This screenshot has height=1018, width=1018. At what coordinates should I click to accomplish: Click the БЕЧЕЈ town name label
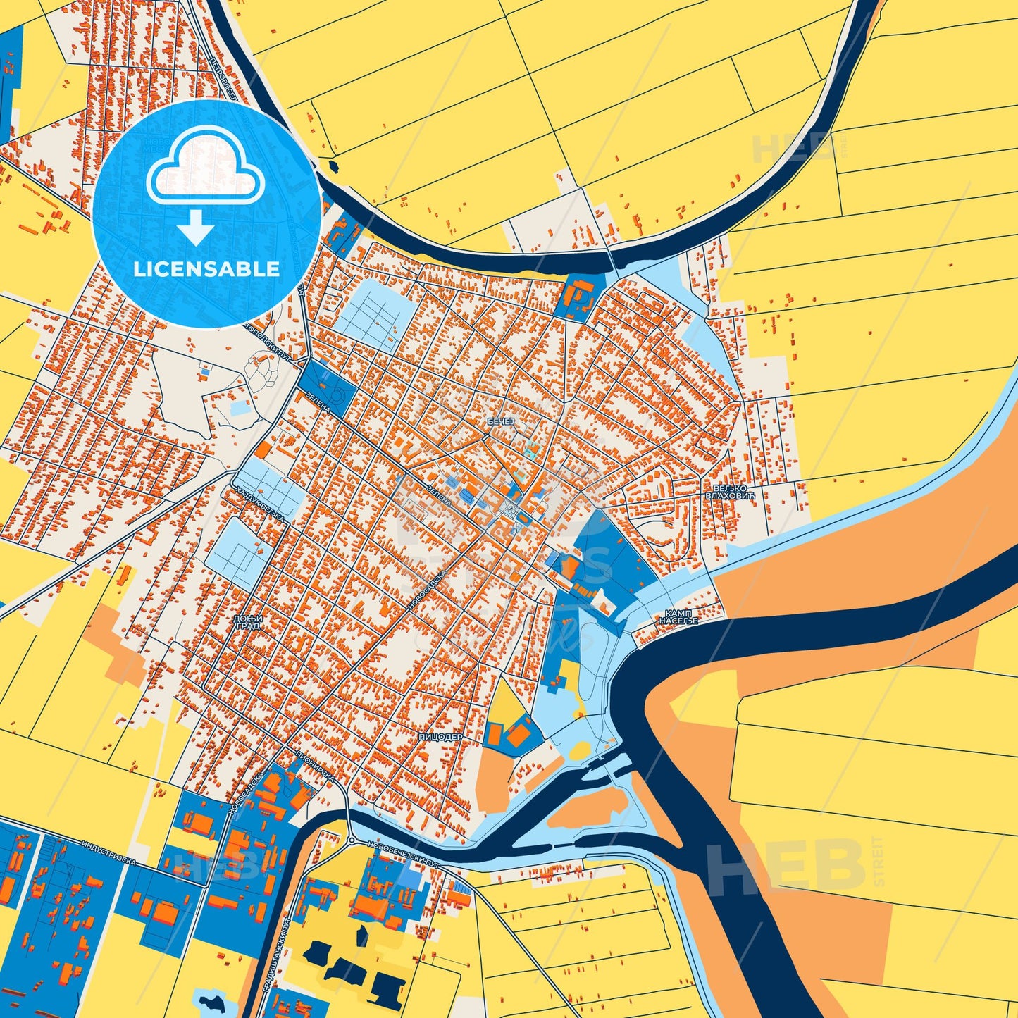pyautogui.click(x=502, y=421)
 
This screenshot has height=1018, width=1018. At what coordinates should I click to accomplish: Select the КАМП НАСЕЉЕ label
pyautogui.click(x=678, y=617)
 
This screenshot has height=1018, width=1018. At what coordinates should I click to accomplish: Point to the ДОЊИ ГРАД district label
pyautogui.click(x=247, y=621)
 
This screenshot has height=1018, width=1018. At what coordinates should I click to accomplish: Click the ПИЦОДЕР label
pyautogui.click(x=440, y=736)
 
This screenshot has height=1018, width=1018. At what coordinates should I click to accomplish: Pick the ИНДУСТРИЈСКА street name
pyautogui.click(x=108, y=852)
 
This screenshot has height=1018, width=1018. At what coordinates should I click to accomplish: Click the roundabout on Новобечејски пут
pyautogui.click(x=351, y=840)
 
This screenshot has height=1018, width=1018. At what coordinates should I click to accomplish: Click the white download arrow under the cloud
pyautogui.click(x=196, y=227)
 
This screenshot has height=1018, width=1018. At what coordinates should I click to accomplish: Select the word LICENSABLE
pyautogui.click(x=206, y=268)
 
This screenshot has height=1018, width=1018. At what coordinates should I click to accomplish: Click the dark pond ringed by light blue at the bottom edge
pyautogui.click(x=210, y=1002)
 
